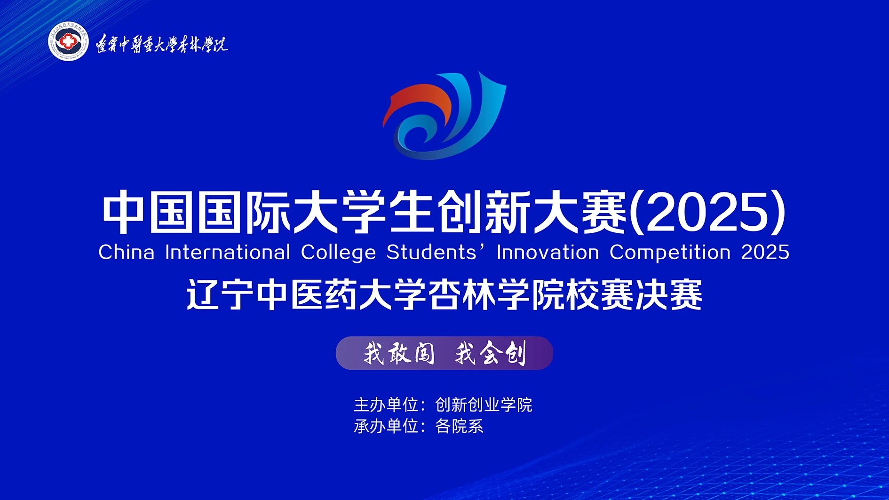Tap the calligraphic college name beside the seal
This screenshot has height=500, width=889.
(162, 44)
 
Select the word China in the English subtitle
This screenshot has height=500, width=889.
(126, 252)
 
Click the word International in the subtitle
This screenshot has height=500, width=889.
(227, 252)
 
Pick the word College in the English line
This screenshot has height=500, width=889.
(338, 253)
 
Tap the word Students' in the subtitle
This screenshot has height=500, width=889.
(436, 252)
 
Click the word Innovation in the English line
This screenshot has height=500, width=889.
(548, 252)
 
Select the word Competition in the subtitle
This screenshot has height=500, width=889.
(670, 253)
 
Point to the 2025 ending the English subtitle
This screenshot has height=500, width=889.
(765, 252)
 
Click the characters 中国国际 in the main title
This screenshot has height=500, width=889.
(197, 213)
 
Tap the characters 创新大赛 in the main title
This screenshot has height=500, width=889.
(532, 213)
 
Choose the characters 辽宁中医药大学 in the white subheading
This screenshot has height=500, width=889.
(307, 295)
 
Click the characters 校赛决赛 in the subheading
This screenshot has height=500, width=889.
(635, 295)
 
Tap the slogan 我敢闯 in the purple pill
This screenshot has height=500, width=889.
(399, 353)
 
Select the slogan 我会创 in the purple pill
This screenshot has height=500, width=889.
(490, 353)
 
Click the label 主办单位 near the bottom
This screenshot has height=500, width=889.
(386, 405)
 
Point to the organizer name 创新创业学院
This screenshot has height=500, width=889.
(484, 405)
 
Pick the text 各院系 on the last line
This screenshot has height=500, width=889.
(459, 426)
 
